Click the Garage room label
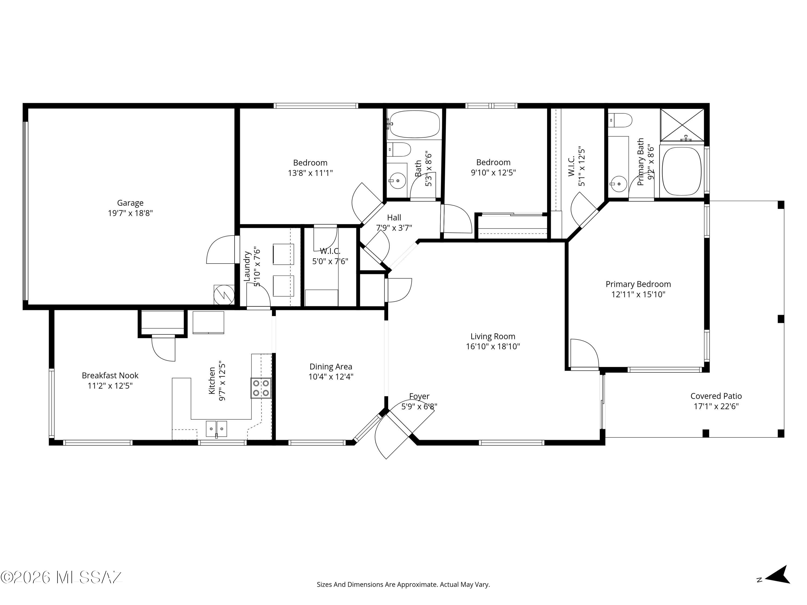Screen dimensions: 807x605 tap(130, 203)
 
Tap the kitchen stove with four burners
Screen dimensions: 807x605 tap(261, 388)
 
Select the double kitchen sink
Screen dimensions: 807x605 tap(216, 429)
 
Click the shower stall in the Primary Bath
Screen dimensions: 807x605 tap(682, 125)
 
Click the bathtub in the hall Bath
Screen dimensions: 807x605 tap(415, 124)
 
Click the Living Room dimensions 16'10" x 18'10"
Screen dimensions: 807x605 tap(493, 346)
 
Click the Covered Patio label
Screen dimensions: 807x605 tap(716, 396)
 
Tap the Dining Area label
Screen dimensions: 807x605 tap(331, 366)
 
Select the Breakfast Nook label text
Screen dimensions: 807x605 tap(110, 375)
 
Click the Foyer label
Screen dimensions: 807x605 tap(419, 396)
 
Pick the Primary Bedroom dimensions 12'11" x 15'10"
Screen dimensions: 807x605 tap(638, 294)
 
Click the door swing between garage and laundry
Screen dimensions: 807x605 tap(221, 250)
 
